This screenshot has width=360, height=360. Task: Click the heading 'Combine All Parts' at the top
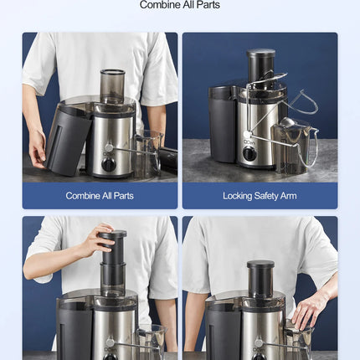180,5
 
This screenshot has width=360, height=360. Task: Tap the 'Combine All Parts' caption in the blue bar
100,196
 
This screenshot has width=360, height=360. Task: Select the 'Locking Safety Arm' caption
260,196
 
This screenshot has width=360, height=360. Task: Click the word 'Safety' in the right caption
263,196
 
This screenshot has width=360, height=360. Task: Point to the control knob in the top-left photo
108,147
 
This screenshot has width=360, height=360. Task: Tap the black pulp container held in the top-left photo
67,138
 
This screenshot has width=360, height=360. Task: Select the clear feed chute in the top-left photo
112,85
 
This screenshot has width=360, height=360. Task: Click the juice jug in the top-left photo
147,152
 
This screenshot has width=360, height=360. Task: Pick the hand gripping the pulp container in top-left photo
37,147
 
